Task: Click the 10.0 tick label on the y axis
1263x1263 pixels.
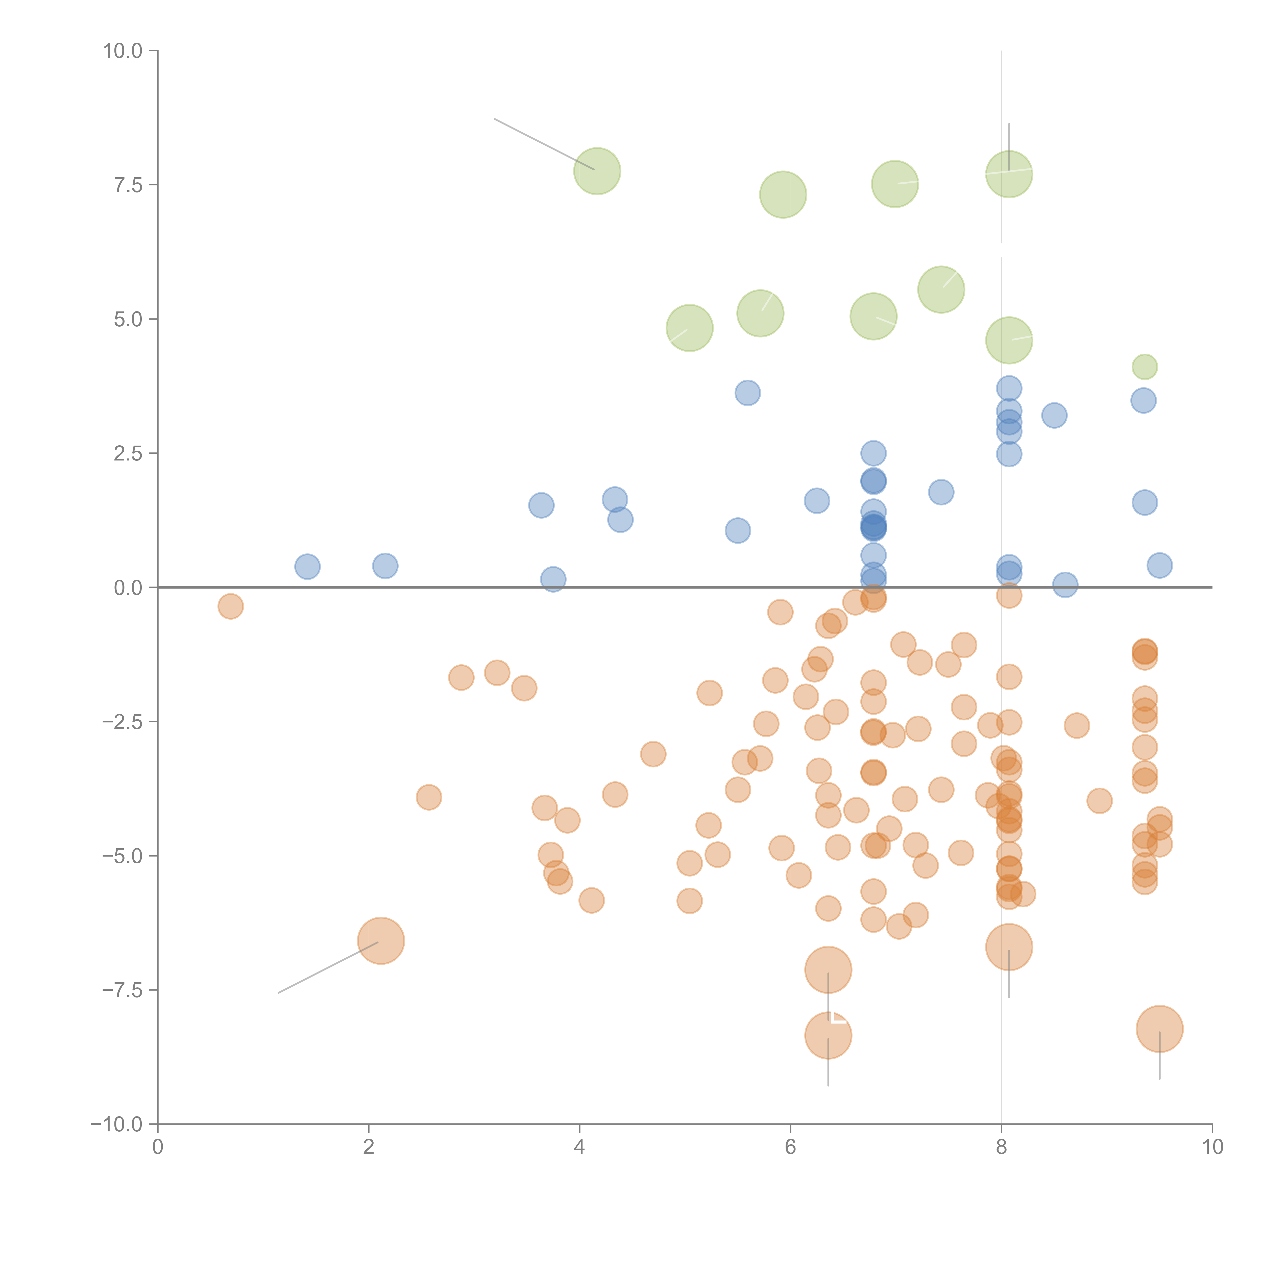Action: [123, 51]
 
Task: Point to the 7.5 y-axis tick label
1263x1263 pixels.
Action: [128, 185]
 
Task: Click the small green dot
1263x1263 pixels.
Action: [1144, 367]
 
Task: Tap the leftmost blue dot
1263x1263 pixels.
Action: [307, 567]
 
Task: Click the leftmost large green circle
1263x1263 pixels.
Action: [597, 171]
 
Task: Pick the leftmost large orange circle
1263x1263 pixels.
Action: [381, 941]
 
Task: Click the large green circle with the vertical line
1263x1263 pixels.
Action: [1009, 174]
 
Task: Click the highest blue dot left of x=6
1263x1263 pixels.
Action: [747, 393]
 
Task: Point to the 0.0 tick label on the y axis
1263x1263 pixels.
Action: [128, 588]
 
